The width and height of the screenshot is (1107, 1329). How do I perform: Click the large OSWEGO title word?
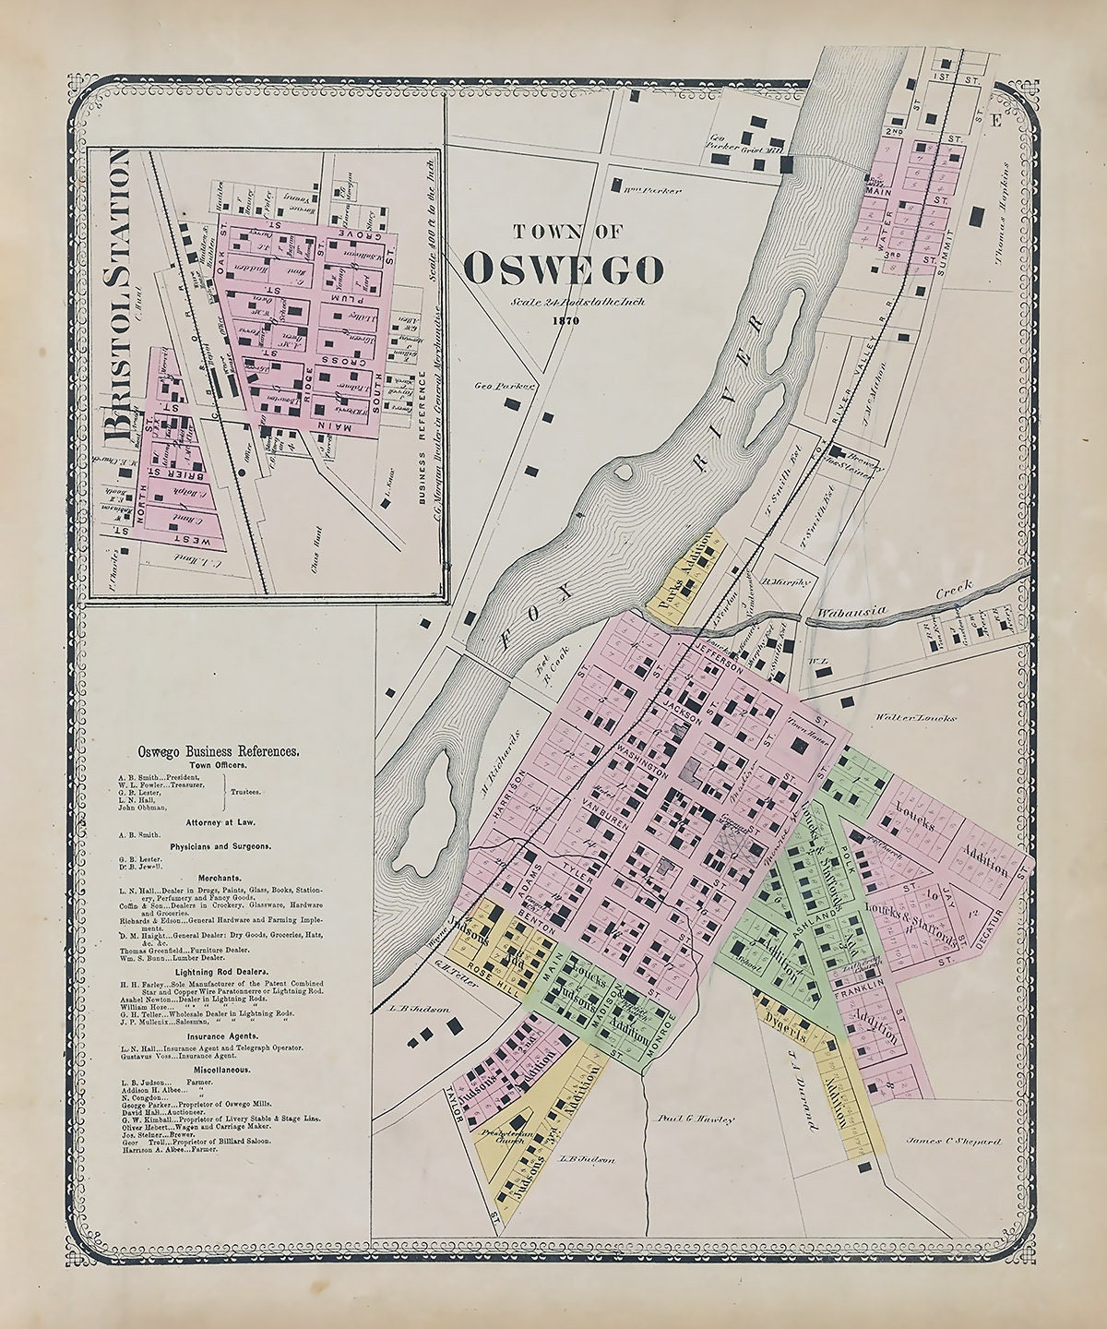pyautogui.click(x=563, y=269)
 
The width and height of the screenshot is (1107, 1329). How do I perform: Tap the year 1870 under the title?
pyautogui.click(x=562, y=320)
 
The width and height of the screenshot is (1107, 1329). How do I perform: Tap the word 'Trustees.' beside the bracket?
pyautogui.click(x=246, y=792)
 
